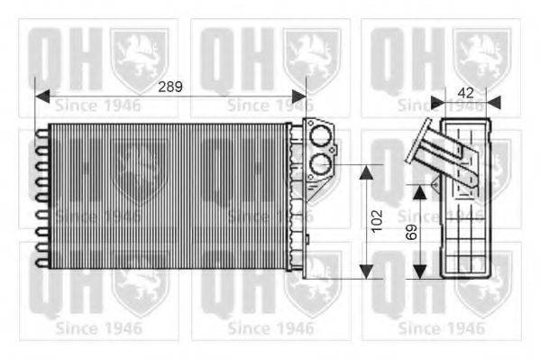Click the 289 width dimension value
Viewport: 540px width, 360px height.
coord(169,88)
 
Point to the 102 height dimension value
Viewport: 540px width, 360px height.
coord(377,217)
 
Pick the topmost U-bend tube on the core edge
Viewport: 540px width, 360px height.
coord(41,136)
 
